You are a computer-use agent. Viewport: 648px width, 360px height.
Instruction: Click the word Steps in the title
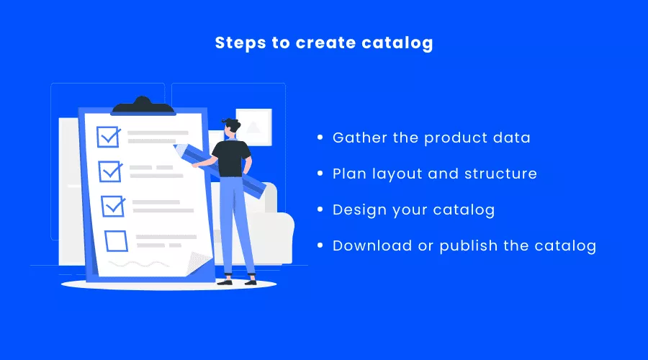(x=240, y=43)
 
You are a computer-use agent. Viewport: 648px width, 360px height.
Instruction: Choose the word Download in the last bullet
(x=372, y=246)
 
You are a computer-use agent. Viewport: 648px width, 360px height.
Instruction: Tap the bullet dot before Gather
(x=320, y=138)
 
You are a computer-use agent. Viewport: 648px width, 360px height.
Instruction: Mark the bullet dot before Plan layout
(x=320, y=174)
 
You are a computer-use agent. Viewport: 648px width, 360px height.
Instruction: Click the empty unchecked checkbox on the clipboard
(x=116, y=241)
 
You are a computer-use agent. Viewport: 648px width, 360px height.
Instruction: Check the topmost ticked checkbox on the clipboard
(x=109, y=137)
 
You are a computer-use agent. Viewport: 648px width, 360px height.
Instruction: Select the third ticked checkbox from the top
(x=113, y=206)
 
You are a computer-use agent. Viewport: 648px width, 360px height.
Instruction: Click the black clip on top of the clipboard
(x=143, y=105)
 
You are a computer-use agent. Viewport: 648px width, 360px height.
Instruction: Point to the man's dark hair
(x=232, y=124)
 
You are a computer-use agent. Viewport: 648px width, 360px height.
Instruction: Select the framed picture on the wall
(x=253, y=127)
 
